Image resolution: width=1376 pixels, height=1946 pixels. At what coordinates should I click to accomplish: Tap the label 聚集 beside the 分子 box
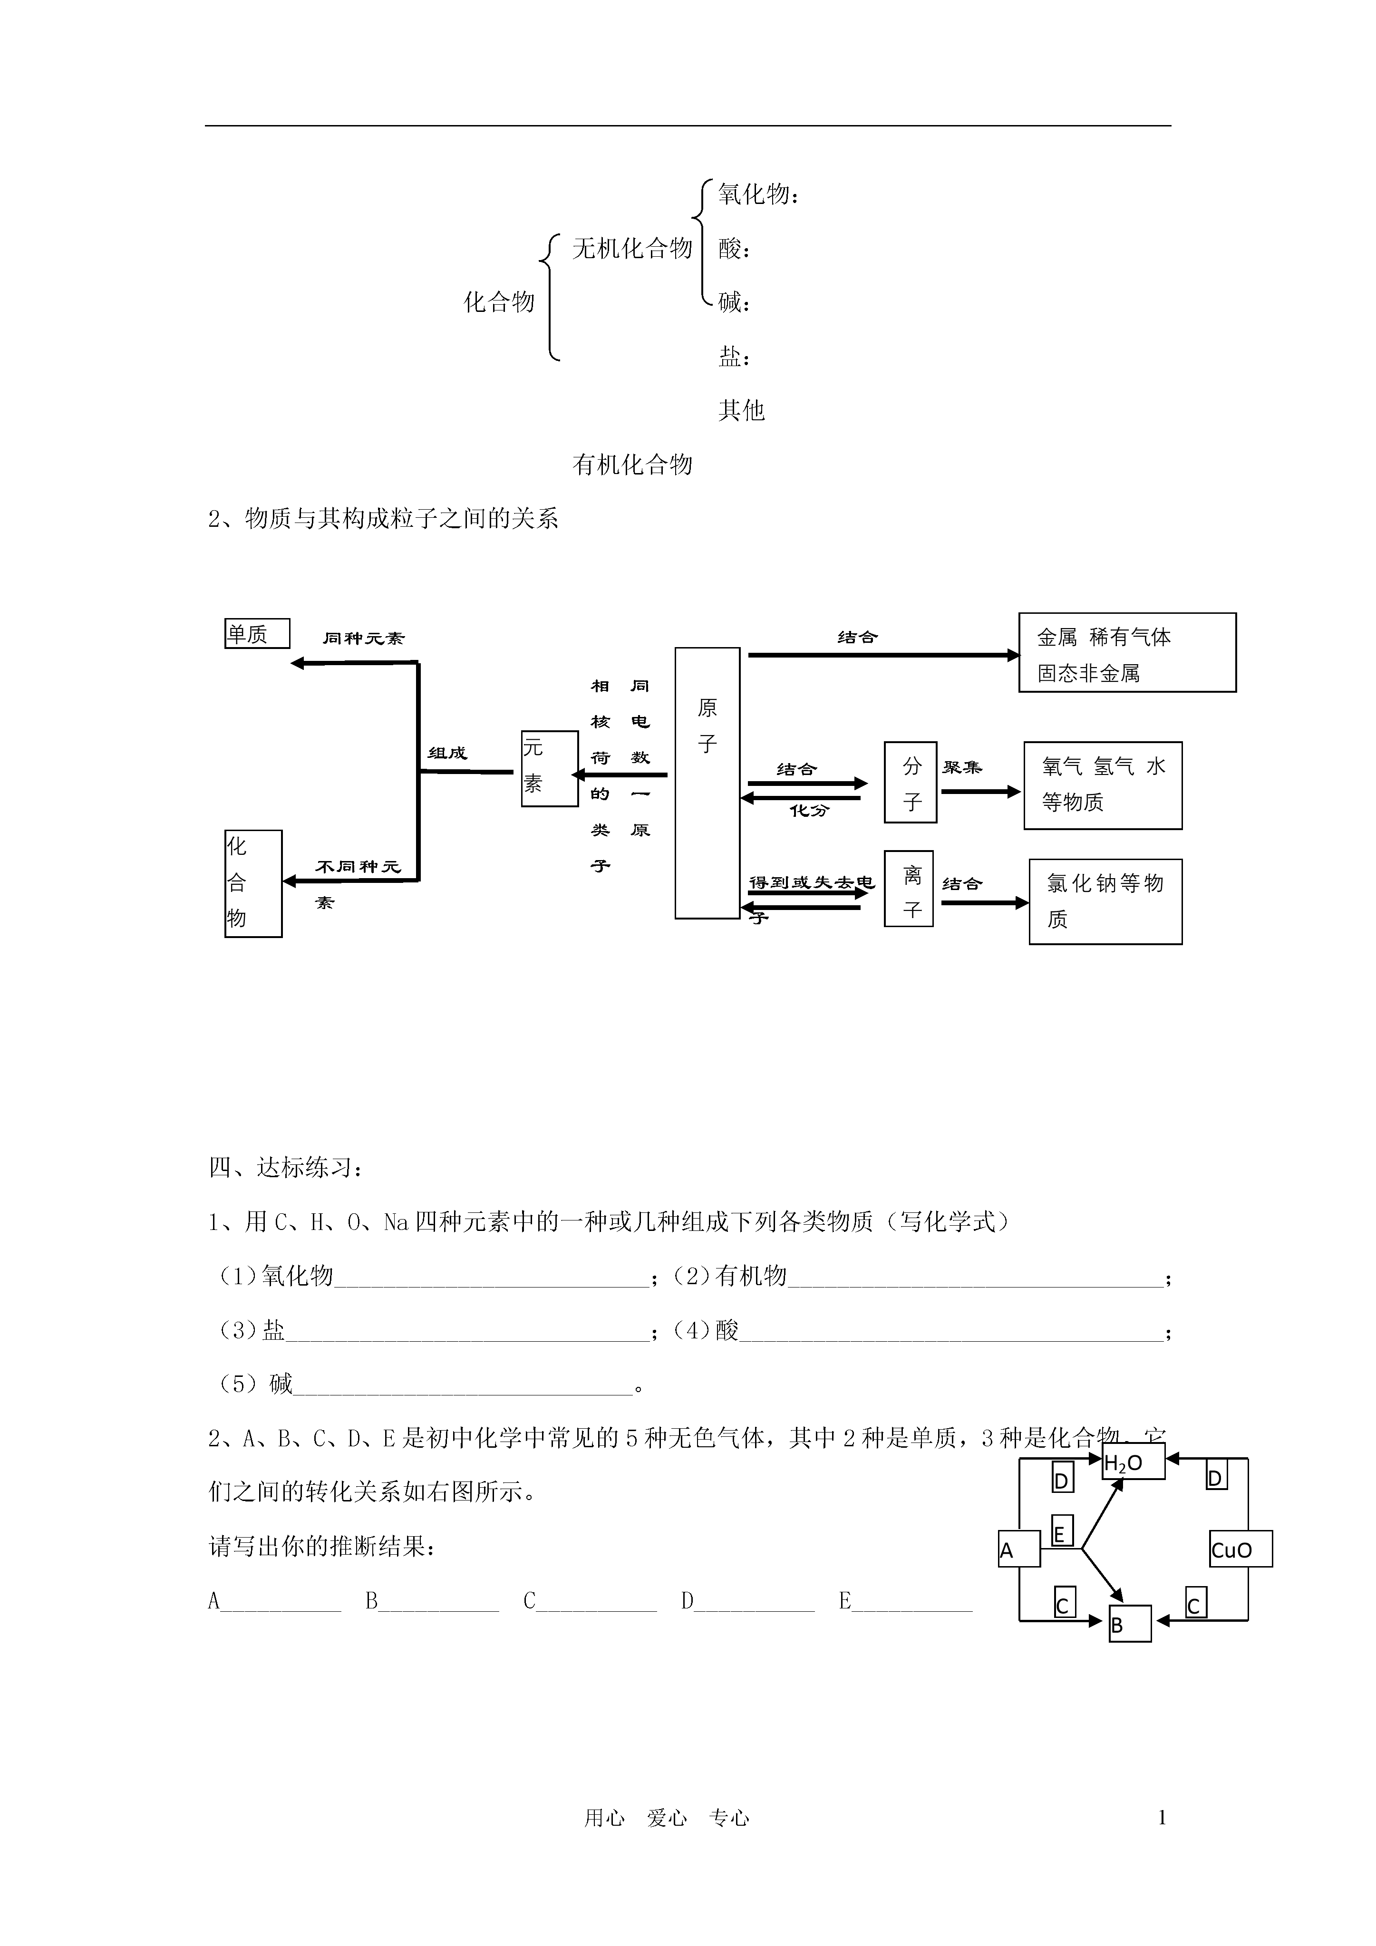point(962,767)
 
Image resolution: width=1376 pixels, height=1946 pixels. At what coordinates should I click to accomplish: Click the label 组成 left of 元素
point(447,753)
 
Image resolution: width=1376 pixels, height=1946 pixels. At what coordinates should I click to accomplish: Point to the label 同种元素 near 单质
point(364,638)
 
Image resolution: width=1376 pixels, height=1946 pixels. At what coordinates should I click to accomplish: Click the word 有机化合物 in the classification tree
point(632,465)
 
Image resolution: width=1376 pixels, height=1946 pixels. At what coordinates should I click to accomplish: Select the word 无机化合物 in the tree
point(632,248)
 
